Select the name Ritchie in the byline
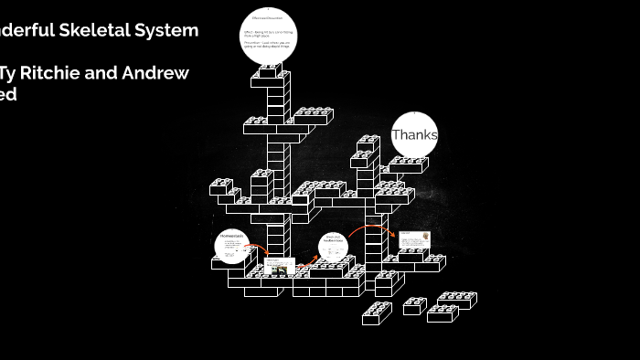point(59,73)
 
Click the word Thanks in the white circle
point(414,135)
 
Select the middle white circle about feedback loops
point(334,245)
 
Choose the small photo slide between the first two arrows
point(278,267)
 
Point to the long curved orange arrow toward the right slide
point(371,228)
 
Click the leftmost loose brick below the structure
point(376,313)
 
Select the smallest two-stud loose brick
point(414,306)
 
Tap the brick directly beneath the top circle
point(271,72)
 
